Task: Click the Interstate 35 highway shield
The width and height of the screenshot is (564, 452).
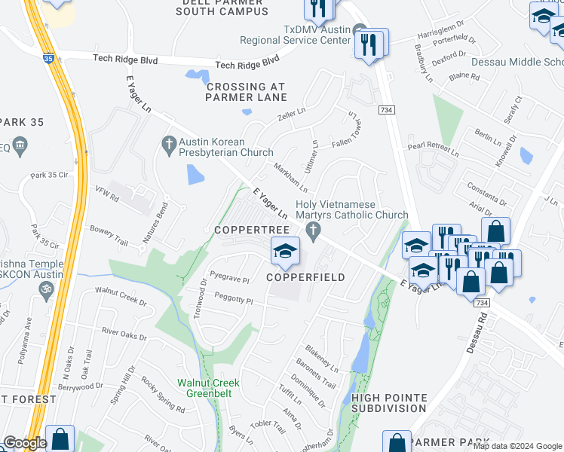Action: coord(49,57)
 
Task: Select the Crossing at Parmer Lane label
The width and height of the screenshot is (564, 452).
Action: coord(247,92)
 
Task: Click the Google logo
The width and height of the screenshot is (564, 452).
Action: coord(25,443)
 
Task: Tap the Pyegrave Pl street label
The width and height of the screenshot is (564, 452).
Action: coord(230,279)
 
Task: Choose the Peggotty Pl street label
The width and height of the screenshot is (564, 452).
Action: coord(234,301)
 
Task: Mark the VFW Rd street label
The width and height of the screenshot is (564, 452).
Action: coord(106,194)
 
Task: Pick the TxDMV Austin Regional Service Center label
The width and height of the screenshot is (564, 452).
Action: coord(296,35)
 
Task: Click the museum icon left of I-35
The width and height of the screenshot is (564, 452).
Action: coord(20,144)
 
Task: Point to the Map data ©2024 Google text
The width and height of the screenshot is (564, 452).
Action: coord(517,446)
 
